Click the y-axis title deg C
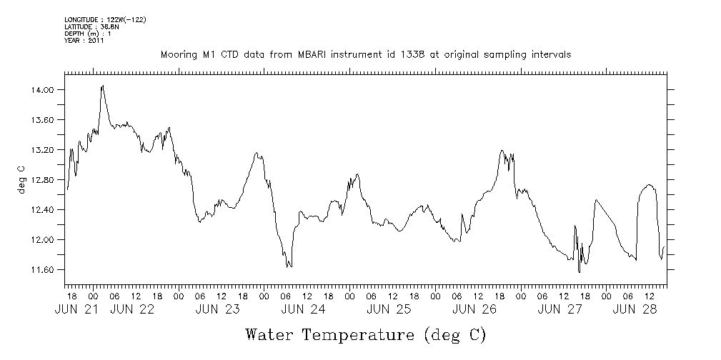click(21, 179)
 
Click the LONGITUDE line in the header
click(105, 19)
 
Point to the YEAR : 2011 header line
click(84, 41)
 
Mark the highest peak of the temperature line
click(103, 86)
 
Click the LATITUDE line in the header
click(91, 26)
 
